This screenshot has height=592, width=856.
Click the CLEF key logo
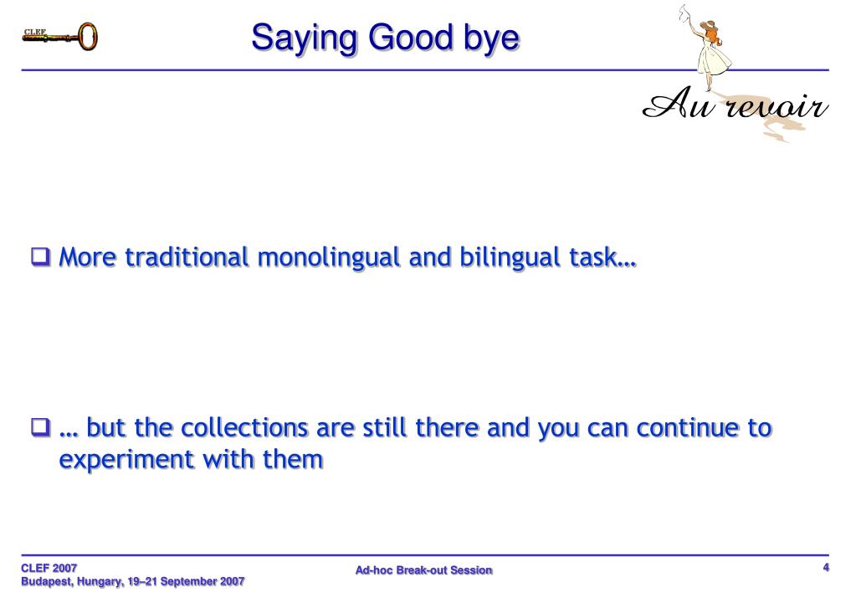(x=60, y=36)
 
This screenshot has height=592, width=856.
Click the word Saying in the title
(x=304, y=38)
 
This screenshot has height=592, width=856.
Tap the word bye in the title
(x=491, y=38)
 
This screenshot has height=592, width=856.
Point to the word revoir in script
(x=777, y=105)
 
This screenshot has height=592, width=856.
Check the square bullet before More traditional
(x=40, y=257)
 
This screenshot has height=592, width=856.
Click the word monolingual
(x=329, y=258)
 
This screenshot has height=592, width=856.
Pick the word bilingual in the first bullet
(x=510, y=258)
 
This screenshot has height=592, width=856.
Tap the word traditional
(x=187, y=257)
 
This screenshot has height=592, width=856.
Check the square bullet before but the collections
(x=40, y=427)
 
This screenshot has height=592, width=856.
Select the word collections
(x=244, y=428)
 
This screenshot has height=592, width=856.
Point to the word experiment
(x=126, y=460)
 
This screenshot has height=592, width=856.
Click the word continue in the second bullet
(x=687, y=428)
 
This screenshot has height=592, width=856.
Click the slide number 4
(x=826, y=568)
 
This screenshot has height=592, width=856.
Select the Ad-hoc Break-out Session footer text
(x=424, y=570)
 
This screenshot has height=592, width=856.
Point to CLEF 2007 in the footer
(x=49, y=568)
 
